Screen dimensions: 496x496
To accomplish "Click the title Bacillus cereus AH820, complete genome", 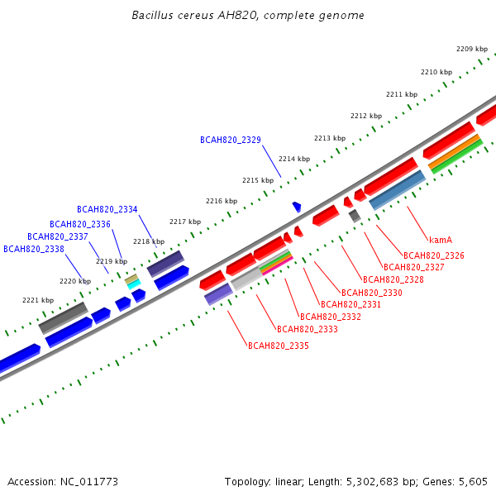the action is click(248, 16).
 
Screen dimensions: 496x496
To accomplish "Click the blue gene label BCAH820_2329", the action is click(230, 141).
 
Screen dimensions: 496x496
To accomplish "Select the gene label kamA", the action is click(441, 240).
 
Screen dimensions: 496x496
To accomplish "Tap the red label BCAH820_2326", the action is click(434, 256).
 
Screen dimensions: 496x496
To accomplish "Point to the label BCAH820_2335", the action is click(279, 346).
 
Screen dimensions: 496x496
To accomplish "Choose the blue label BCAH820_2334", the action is click(107, 210).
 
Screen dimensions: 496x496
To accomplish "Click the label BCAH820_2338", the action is click(34, 249).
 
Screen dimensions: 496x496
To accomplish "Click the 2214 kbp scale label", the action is click(294, 159).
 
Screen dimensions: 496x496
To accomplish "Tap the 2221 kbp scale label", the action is click(38, 301).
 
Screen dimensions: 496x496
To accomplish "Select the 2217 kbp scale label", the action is click(185, 222).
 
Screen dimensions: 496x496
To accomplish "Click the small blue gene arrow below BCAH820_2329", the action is click(297, 207).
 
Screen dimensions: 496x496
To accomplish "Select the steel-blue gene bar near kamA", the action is click(397, 190).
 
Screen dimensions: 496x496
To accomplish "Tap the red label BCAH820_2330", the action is click(372, 293).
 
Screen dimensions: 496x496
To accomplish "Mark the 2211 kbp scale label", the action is click(402, 94).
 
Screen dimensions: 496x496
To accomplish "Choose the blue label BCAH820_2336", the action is click(80, 225).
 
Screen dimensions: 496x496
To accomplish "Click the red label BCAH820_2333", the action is click(308, 329).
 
